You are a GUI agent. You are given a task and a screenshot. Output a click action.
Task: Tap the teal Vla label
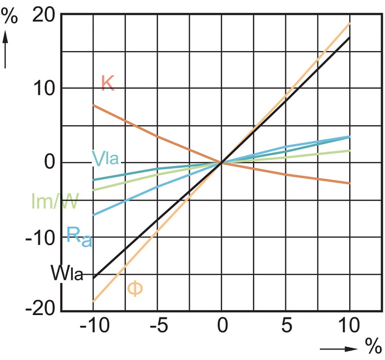pyautogui.click(x=106, y=159)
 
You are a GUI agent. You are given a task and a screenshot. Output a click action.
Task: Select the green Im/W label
pyautogui.click(x=55, y=201)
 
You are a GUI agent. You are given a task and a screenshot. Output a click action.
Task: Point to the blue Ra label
pyautogui.click(x=79, y=235)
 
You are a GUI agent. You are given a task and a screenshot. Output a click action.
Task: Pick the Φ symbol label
pyautogui.click(x=135, y=288)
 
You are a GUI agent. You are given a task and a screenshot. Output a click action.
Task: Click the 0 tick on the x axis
pyautogui.click(x=222, y=325)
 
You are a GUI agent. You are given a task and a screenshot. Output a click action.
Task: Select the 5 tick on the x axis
pyautogui.click(x=286, y=325)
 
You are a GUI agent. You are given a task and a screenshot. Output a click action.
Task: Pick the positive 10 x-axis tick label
pyautogui.click(x=349, y=325)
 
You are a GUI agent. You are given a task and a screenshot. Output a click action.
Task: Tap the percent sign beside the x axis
pyautogui.click(x=373, y=347)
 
